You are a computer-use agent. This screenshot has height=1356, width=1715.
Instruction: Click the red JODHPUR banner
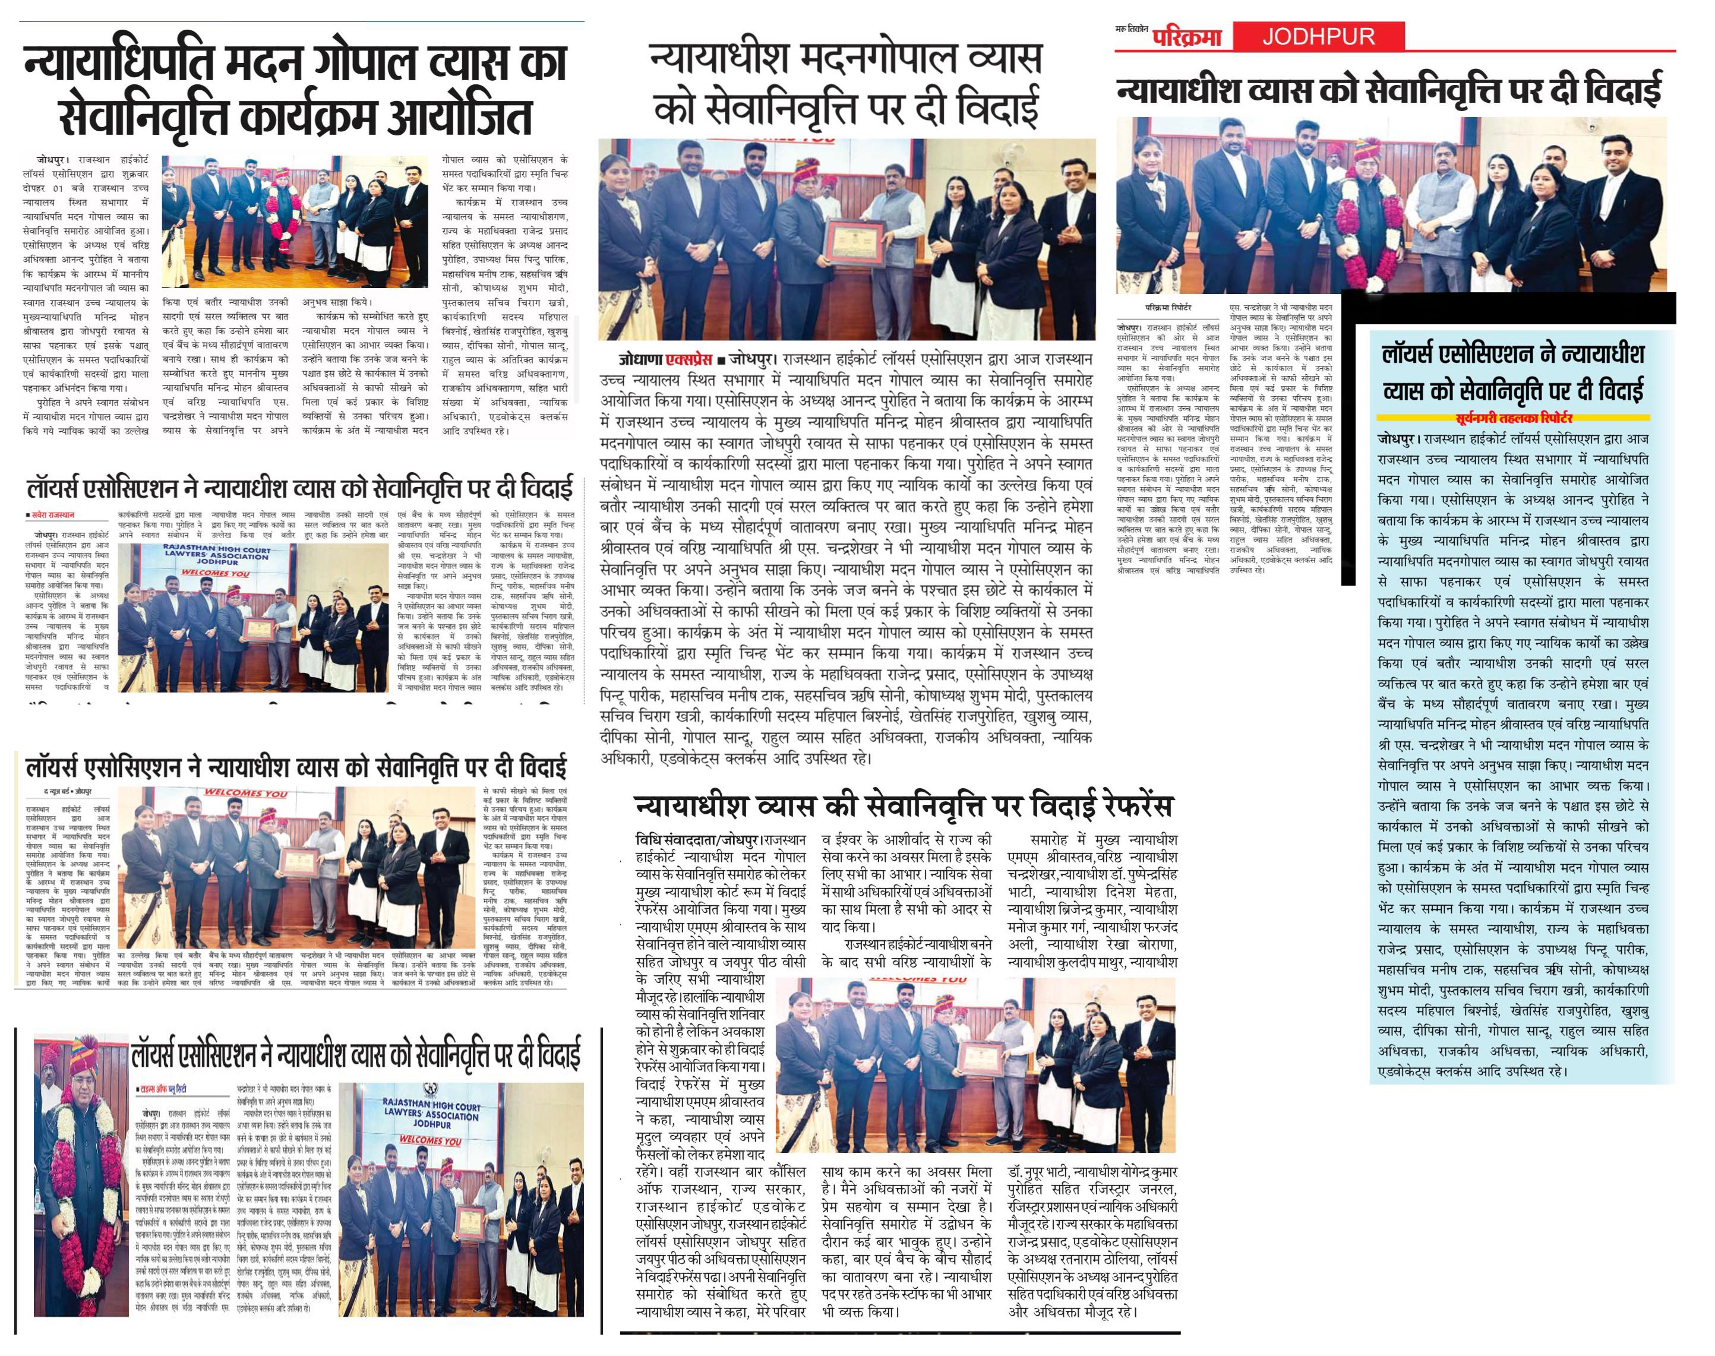tap(1318, 36)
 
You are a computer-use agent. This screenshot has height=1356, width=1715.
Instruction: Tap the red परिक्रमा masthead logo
tap(1187, 36)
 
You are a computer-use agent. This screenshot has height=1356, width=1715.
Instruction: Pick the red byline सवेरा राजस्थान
tap(52, 514)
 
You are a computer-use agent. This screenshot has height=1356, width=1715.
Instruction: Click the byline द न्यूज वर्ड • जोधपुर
tap(68, 792)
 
